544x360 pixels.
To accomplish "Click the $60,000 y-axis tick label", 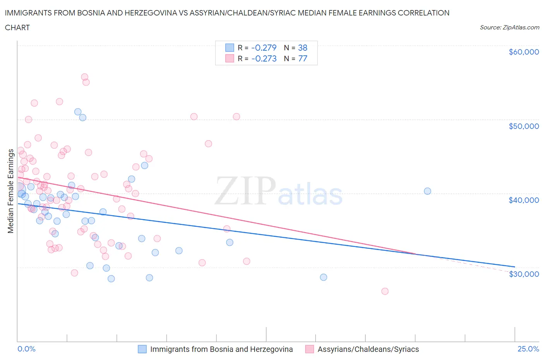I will pyautogui.click(x=523, y=52).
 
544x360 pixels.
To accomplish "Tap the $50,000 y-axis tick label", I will pyautogui.click(x=523, y=126).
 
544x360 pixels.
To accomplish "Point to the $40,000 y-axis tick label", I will pyautogui.click(x=523, y=200).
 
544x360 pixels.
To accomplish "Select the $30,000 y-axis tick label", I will pyautogui.click(x=523, y=274).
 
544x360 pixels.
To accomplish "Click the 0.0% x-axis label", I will pyautogui.click(x=26, y=349).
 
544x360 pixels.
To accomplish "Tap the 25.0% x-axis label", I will pyautogui.click(x=528, y=349).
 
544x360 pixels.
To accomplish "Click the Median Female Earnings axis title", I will pyautogui.click(x=11, y=191).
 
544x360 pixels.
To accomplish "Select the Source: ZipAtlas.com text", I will pyautogui.click(x=509, y=27).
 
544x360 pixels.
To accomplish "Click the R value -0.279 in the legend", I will pyautogui.click(x=264, y=48).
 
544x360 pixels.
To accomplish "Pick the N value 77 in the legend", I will pyautogui.click(x=303, y=58).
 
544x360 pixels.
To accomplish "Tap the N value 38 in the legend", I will pyautogui.click(x=303, y=48).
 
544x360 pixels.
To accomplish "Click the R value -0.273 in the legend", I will pyautogui.click(x=264, y=58).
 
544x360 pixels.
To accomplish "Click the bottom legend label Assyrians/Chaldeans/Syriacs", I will pyautogui.click(x=368, y=350).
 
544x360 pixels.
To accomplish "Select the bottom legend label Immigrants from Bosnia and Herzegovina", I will pyautogui.click(x=221, y=350).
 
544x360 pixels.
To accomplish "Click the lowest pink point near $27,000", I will pyautogui.click(x=385, y=291).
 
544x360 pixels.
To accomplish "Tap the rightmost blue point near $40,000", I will pyautogui.click(x=427, y=191).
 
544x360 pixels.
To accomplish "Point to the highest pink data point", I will pyautogui.click(x=84, y=77).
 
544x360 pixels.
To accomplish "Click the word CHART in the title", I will pyautogui.click(x=17, y=27).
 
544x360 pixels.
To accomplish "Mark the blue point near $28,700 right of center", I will pyautogui.click(x=323, y=277).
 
